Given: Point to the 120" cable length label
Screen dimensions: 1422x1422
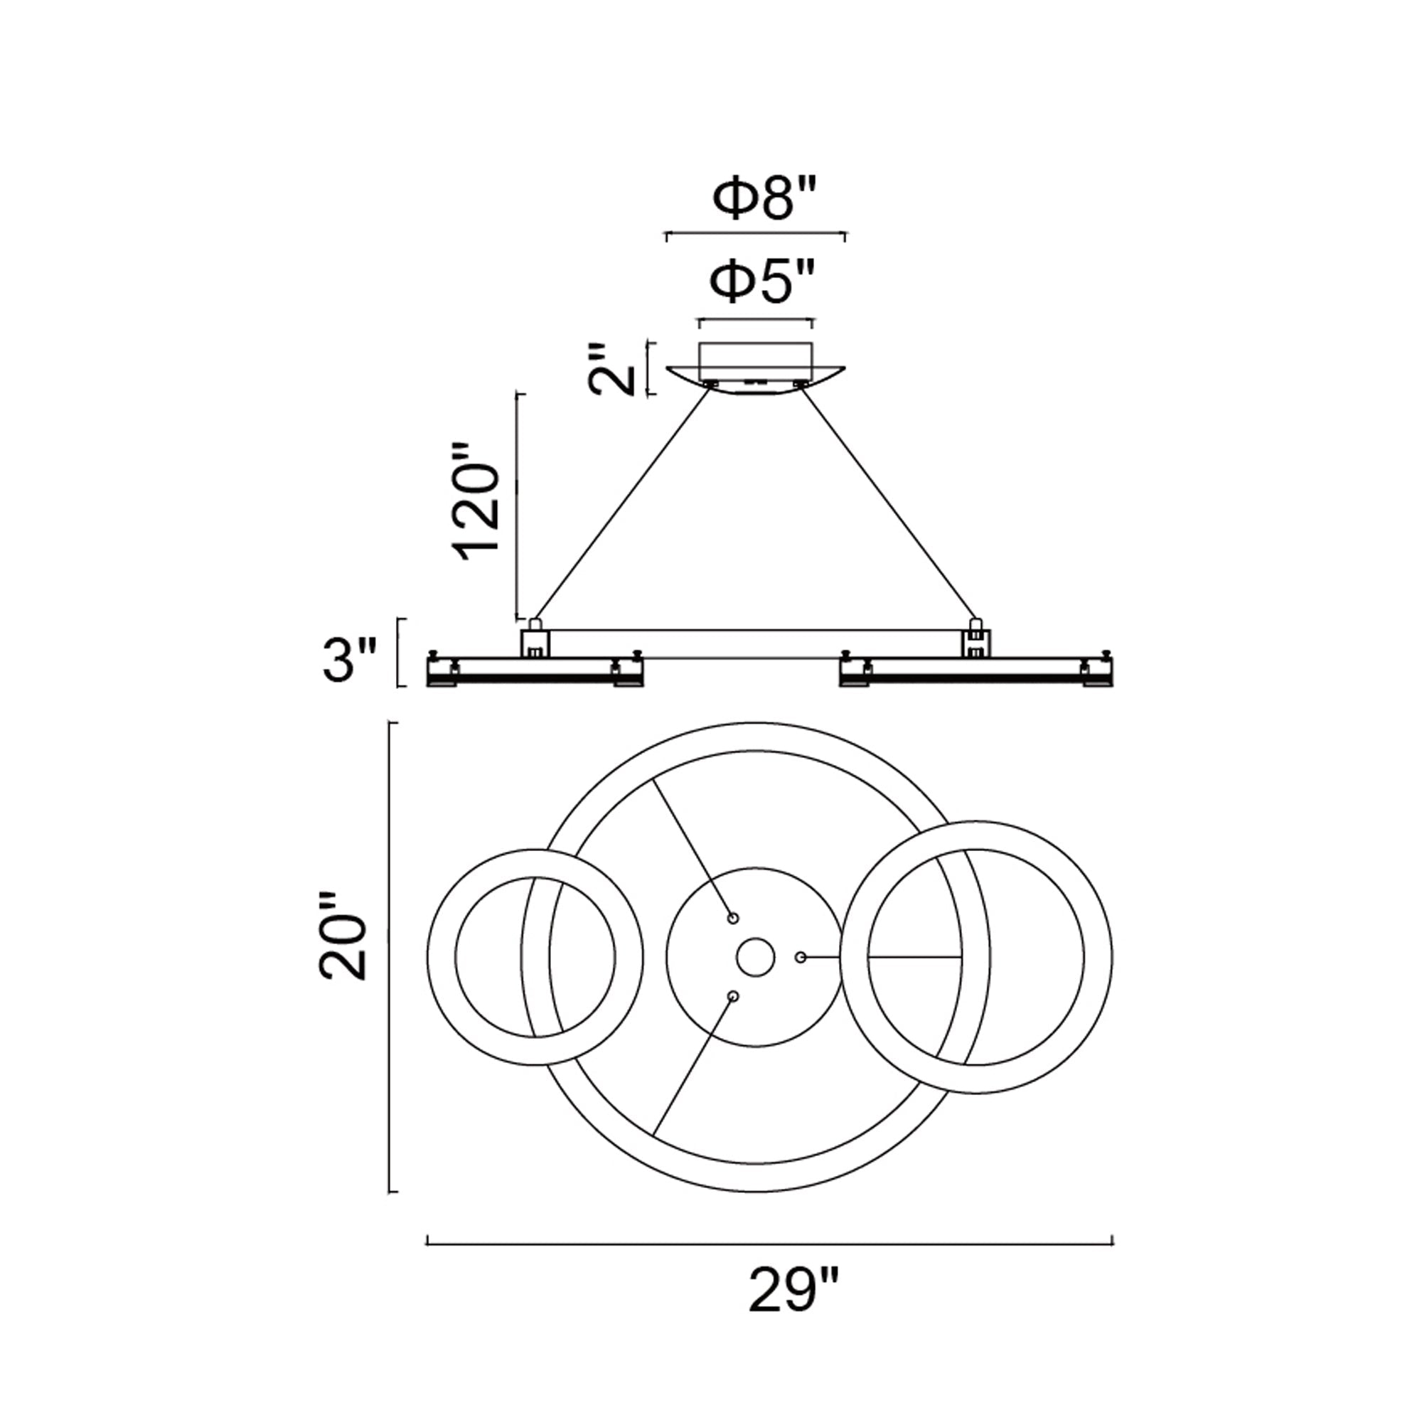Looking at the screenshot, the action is tap(478, 502).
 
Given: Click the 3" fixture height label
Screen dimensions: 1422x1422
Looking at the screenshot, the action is tap(350, 660).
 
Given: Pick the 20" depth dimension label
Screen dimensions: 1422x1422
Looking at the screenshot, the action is tap(342, 936).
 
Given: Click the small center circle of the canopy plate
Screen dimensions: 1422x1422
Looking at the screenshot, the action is tap(756, 957).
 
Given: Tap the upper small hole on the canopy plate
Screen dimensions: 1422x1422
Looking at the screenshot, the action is tap(732, 919).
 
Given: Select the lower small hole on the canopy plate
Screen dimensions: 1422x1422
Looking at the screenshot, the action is tap(732, 996).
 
